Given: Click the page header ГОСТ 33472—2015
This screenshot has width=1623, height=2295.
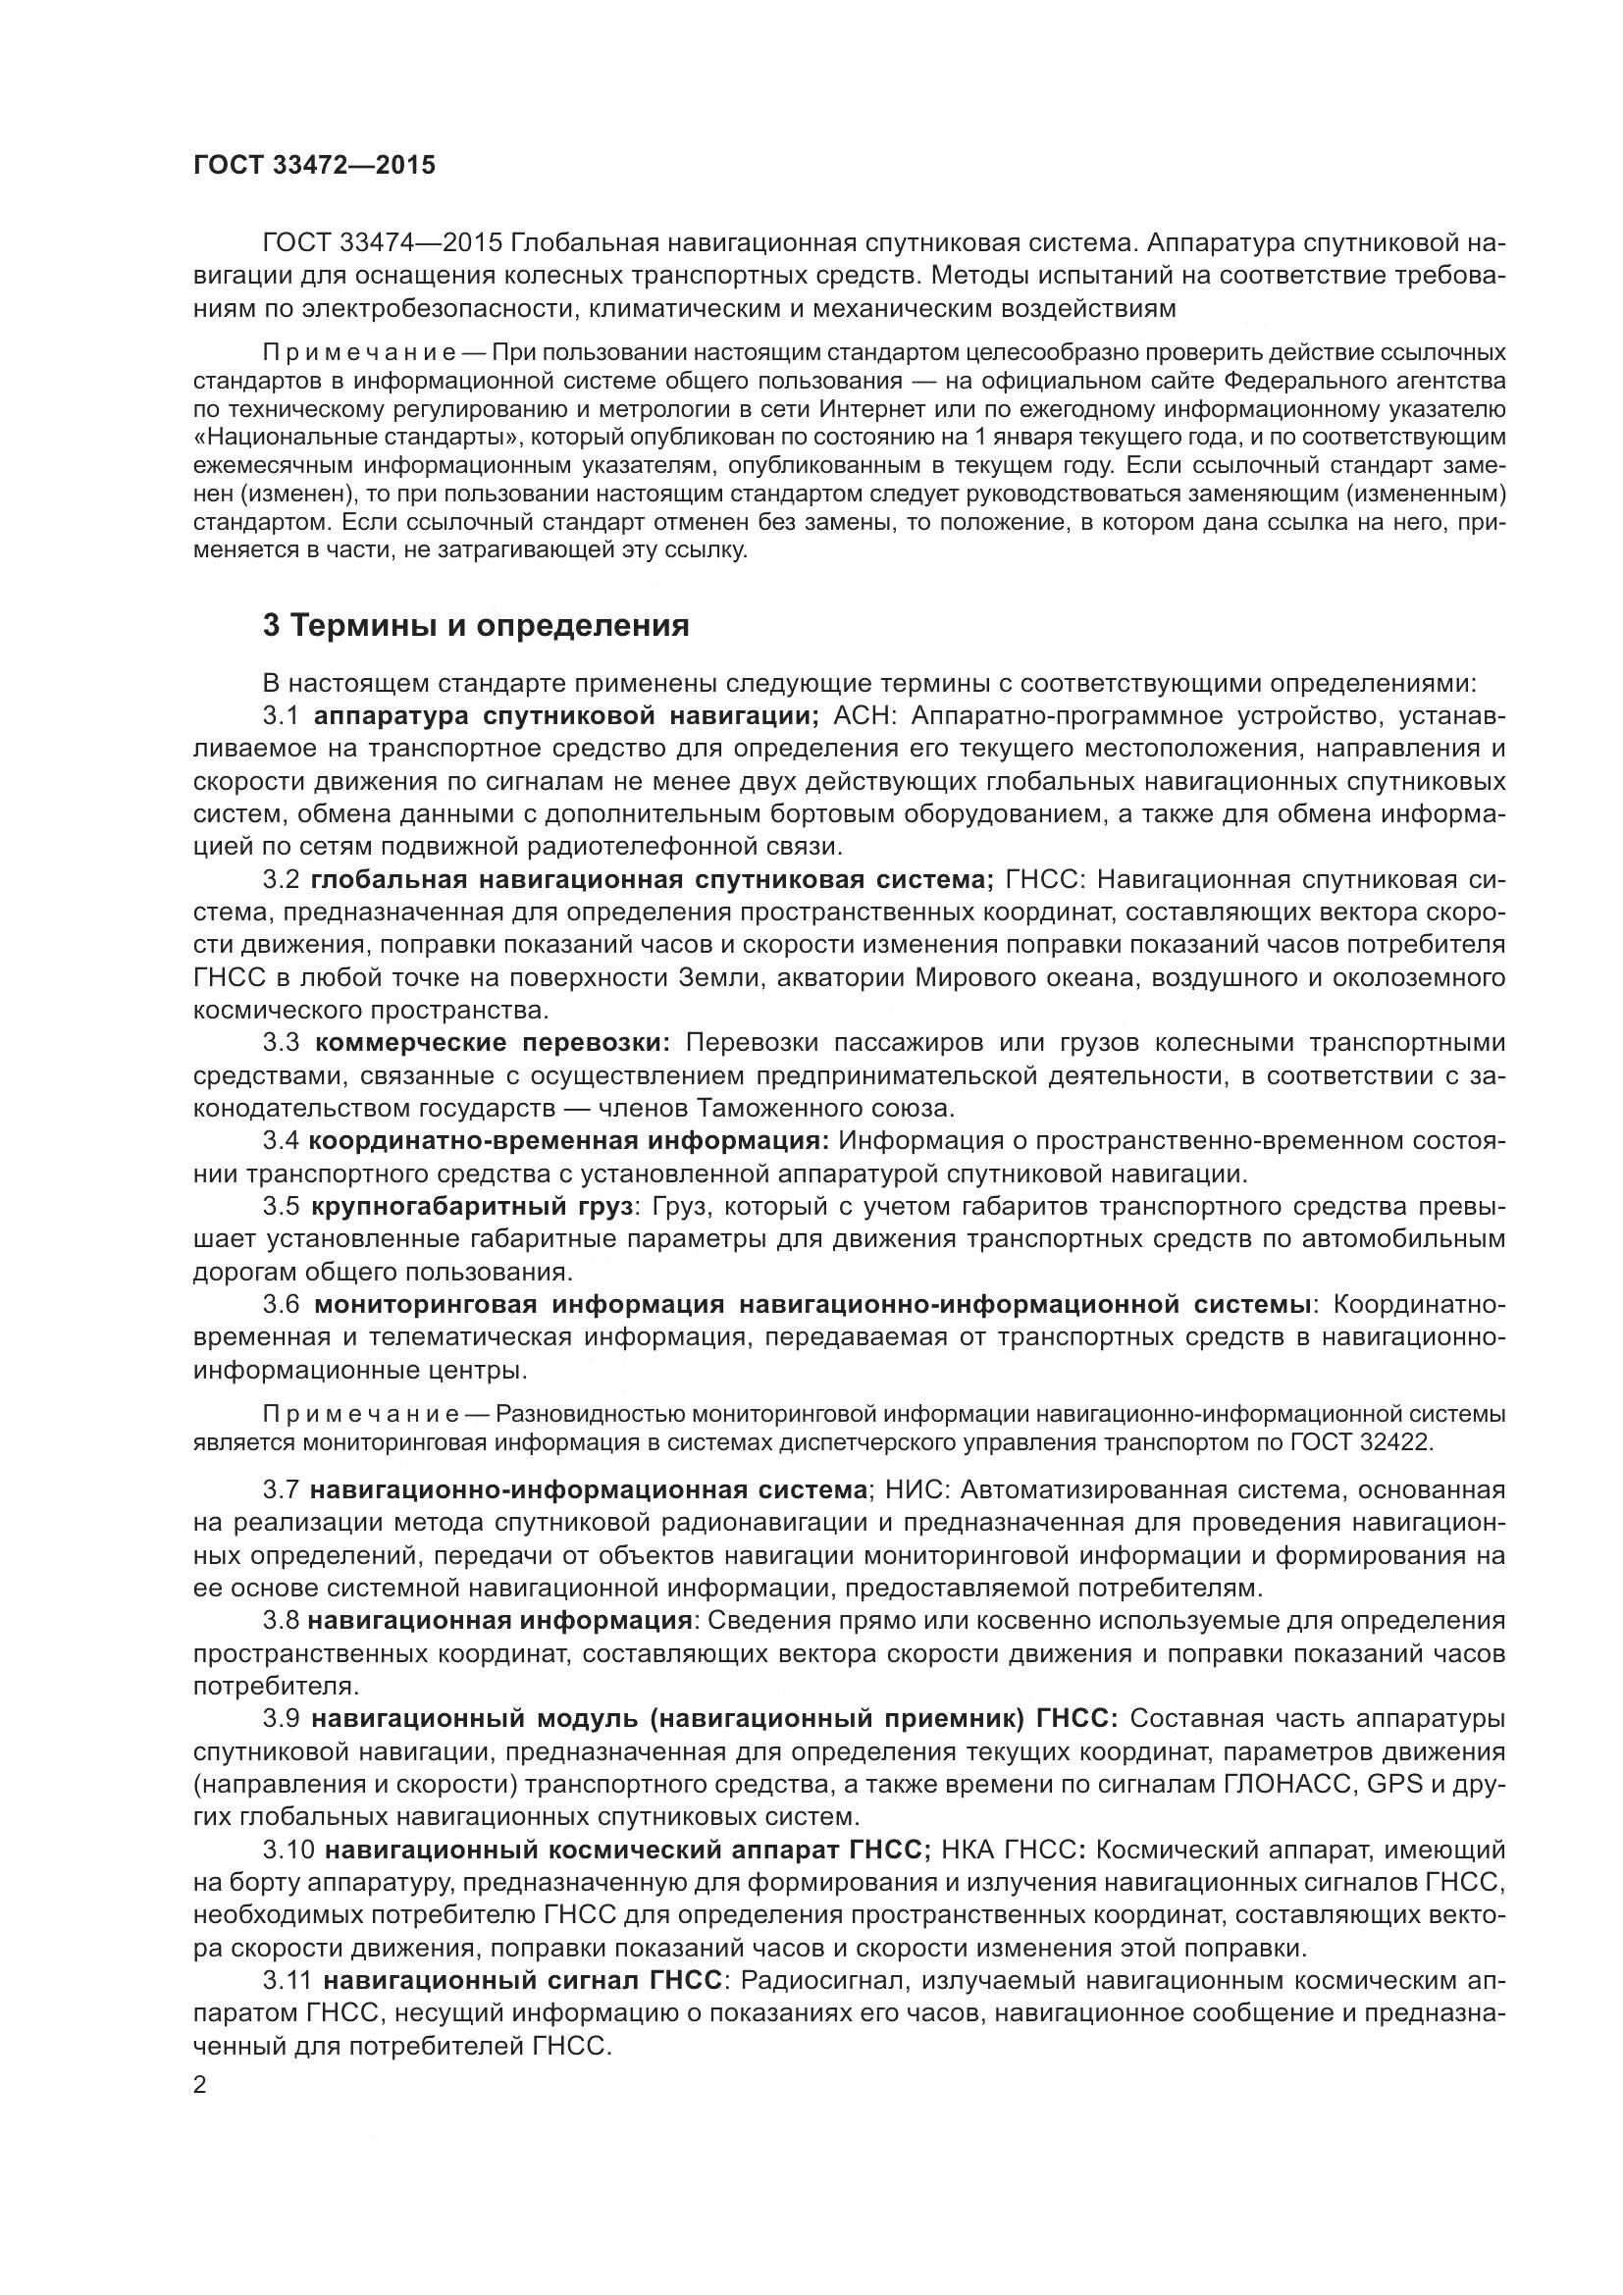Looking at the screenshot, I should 314,165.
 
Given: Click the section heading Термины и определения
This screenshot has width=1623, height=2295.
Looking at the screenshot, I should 476,626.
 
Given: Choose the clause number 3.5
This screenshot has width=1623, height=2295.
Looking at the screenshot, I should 281,1208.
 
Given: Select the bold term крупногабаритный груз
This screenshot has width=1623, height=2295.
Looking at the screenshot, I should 472,1208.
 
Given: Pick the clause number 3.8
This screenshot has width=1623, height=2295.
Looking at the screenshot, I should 281,1620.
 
